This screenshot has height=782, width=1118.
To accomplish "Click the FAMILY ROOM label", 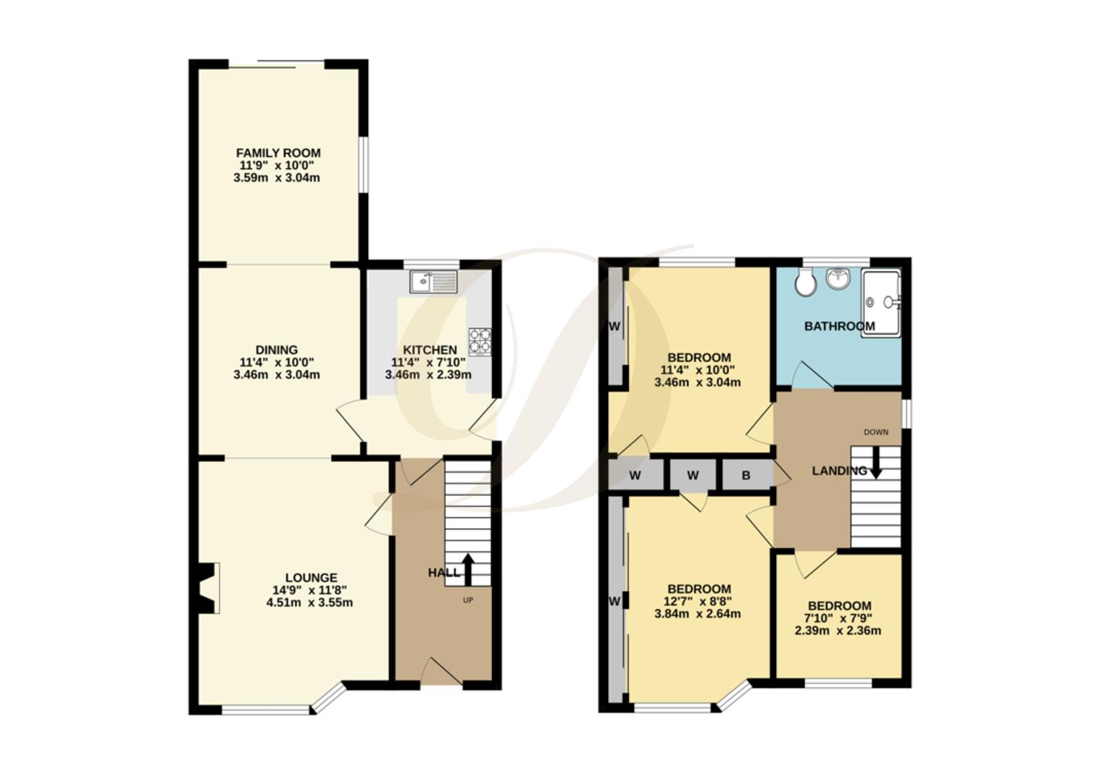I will [x=278, y=153].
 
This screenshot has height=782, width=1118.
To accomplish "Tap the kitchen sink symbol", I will [x=433, y=281].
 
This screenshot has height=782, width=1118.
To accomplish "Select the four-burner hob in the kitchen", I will [x=479, y=341].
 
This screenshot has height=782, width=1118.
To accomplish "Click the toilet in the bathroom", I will [x=804, y=282].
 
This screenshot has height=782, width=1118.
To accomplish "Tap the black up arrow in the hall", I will [x=467, y=569].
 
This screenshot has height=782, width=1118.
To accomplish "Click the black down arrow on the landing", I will [x=875, y=463].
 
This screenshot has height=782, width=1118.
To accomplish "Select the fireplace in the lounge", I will [x=208, y=588].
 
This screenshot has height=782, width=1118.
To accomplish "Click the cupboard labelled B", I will [x=746, y=476].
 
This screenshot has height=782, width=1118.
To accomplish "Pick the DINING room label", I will [x=276, y=350].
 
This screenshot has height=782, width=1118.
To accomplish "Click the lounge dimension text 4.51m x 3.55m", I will [x=309, y=602].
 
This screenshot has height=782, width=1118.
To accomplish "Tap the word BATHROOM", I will [x=839, y=326].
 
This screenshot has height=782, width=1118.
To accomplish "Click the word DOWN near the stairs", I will [x=875, y=432].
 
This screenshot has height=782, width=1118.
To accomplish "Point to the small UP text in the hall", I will [x=467, y=600].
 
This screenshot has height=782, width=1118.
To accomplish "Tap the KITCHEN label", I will [x=430, y=350].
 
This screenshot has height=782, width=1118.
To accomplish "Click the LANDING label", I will [x=838, y=471].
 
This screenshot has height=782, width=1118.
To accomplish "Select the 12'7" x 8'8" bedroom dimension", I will [x=698, y=601].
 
